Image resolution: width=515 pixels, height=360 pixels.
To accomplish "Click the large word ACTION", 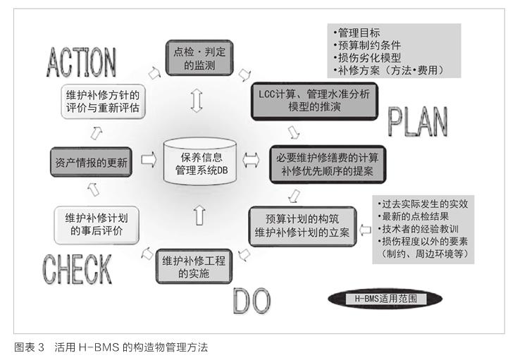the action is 81,62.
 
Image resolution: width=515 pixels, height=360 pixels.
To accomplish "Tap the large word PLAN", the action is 418,122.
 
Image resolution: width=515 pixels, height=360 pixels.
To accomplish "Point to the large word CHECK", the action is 77,269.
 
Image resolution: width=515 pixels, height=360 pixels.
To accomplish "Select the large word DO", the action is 252,301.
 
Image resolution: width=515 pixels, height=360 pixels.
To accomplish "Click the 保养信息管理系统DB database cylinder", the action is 200,161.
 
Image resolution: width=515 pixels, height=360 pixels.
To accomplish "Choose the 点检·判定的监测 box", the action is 199,58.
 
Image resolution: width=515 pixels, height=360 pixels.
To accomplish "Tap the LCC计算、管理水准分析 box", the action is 314,101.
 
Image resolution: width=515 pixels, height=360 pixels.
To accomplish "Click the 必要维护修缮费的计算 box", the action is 328,164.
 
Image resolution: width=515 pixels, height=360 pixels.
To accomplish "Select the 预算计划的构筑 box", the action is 302,226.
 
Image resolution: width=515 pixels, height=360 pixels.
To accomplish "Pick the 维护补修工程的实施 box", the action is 194,266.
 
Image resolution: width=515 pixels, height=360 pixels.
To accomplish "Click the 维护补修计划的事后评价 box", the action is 97,225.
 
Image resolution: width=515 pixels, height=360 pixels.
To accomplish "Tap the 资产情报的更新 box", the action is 91,162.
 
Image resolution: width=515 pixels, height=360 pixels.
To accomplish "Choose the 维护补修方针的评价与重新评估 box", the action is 103,101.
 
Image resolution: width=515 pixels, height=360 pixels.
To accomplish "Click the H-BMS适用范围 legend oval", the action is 385,299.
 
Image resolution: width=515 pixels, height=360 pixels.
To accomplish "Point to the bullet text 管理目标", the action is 359,33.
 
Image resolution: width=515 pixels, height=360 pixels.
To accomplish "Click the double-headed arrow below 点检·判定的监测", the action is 197,101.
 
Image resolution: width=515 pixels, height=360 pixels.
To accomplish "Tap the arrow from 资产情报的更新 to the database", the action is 149,160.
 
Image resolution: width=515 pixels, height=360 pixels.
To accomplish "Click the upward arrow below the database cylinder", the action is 199,215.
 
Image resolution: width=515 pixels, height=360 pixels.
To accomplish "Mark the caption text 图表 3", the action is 29,347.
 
